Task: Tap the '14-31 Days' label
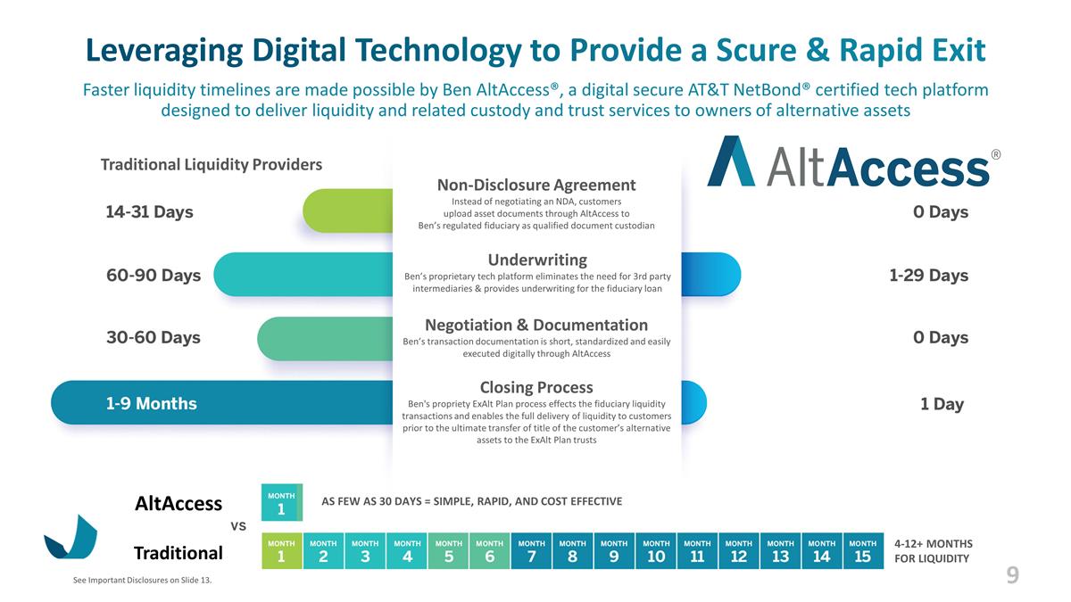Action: coord(149,212)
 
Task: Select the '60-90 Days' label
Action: coord(154,276)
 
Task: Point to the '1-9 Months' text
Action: coord(151,404)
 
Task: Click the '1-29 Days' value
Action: coord(928,276)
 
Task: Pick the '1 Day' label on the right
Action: coord(942,404)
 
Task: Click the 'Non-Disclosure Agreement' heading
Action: coord(536,185)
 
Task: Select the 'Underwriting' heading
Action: coord(536,260)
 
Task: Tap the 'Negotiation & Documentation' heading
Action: coord(536,325)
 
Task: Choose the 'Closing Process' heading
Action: coord(536,387)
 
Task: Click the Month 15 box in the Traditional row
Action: coord(862,551)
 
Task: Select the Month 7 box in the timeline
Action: coord(531,551)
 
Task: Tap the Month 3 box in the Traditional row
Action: coord(365,551)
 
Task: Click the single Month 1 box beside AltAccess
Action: coord(281,502)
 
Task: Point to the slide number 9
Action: coord(1012,576)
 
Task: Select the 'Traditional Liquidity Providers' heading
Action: coord(212,165)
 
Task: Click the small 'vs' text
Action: coord(239,526)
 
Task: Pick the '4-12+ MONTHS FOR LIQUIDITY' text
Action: coord(933,551)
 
